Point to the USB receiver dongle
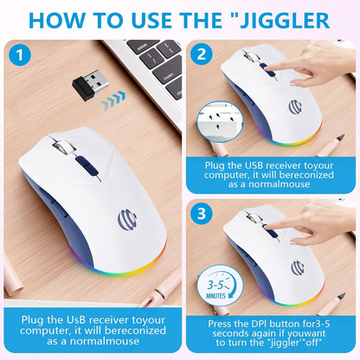point(88,87)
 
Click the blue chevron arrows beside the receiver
point(112,104)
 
